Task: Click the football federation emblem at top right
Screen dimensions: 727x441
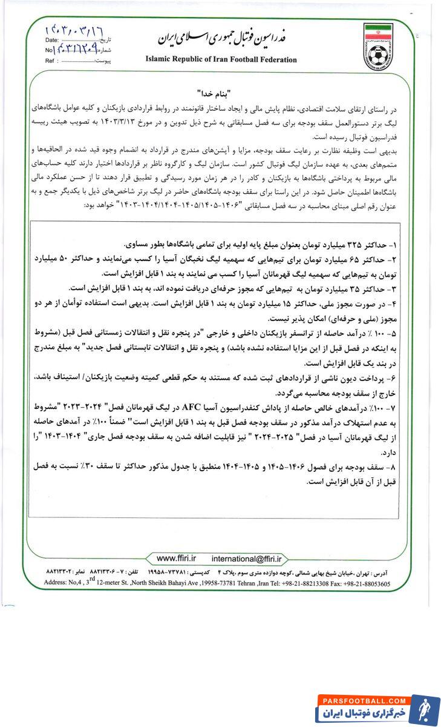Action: [378, 47]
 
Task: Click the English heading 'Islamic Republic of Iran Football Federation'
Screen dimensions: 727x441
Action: [221, 60]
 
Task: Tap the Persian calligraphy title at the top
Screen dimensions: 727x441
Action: [221, 38]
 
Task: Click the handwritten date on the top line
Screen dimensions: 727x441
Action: [73, 28]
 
